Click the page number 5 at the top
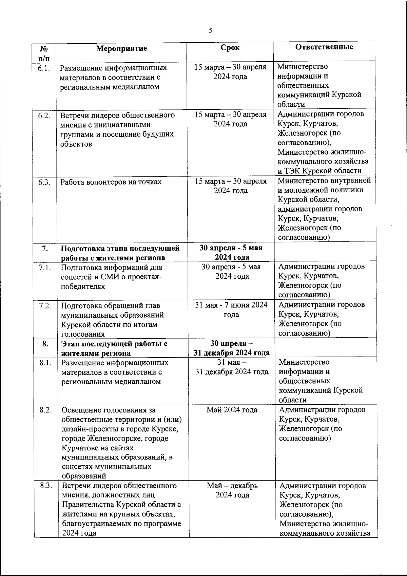210,31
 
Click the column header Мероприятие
121,48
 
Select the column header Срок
230,48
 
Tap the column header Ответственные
324,47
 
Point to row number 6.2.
44,115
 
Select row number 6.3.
44,182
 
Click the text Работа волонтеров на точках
111,182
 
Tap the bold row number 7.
45,249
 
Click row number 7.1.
45,268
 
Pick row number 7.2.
45,305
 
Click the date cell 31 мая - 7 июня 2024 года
231,310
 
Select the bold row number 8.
45,344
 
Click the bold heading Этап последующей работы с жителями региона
114,348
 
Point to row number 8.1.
45,363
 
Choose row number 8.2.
45,410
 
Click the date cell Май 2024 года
232,410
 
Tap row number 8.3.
45,486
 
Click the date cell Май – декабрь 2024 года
232,490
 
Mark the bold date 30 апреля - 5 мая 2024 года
231,253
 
